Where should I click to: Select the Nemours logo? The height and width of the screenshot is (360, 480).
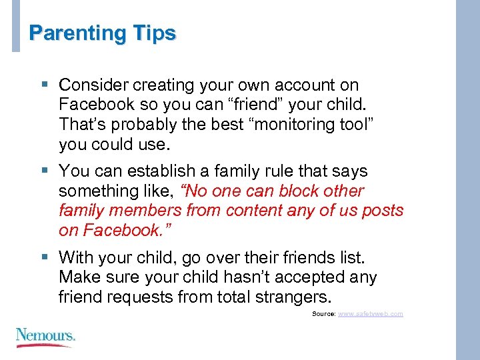pyautogui.click(x=45, y=334)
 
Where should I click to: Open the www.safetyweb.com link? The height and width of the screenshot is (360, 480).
pyautogui.click(x=371, y=313)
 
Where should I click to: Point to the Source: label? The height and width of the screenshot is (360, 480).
pyautogui.click(x=324, y=313)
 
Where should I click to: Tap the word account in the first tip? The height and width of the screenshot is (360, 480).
pyautogui.click(x=302, y=85)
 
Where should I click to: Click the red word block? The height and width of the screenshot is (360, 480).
pyautogui.click(x=304, y=191)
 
